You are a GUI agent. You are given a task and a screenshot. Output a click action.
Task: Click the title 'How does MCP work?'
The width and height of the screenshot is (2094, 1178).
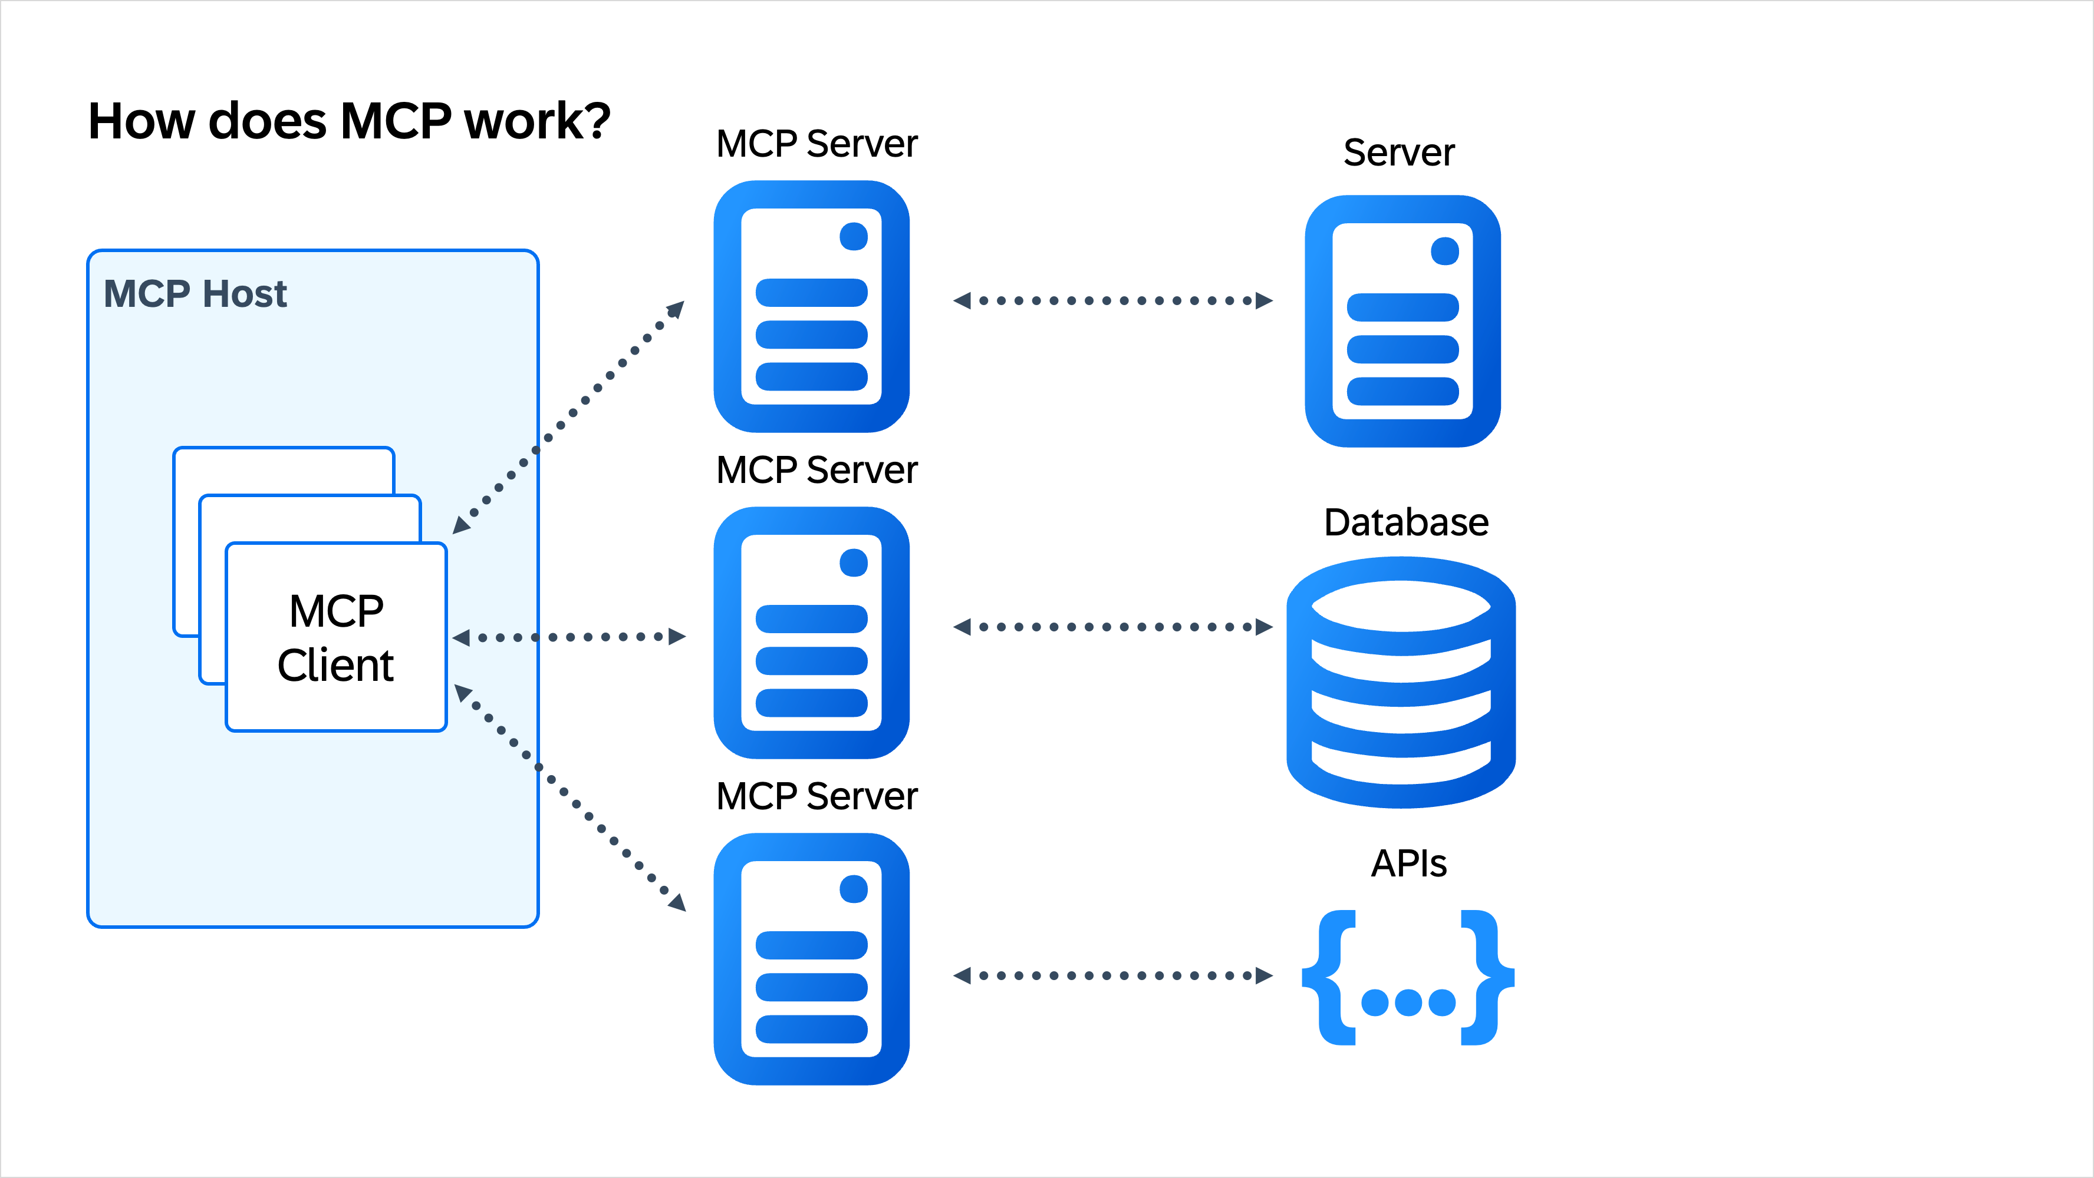pos(349,122)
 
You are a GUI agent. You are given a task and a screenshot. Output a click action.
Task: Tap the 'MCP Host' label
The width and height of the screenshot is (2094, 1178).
pos(195,293)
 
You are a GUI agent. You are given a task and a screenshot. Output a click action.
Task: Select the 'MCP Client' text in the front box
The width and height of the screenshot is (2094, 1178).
pos(335,638)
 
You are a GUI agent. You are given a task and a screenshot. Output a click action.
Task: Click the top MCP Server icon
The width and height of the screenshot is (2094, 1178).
pos(811,306)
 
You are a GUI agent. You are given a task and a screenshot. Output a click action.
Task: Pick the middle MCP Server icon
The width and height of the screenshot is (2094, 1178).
pos(811,633)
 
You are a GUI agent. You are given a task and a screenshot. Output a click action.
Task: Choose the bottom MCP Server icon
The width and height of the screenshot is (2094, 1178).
pos(811,959)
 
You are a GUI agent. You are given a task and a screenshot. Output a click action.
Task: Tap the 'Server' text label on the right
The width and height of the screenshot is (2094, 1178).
pos(1398,153)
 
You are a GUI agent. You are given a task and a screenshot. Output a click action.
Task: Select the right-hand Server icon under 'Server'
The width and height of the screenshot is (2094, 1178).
pos(1402,321)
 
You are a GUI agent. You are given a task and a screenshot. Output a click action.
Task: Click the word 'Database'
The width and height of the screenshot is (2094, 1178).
pos(1405,522)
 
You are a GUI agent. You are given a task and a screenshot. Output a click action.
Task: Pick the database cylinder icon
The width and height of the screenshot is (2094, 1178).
pos(1401,683)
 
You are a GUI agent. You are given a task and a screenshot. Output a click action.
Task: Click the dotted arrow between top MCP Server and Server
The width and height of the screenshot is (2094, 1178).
pos(1112,300)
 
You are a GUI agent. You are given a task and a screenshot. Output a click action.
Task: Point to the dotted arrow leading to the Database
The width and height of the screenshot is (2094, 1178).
pos(1112,626)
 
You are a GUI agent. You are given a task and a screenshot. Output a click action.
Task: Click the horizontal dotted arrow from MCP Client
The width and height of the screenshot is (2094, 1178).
pos(569,637)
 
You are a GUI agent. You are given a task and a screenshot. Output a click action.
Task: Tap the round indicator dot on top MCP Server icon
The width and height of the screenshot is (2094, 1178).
pos(854,236)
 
